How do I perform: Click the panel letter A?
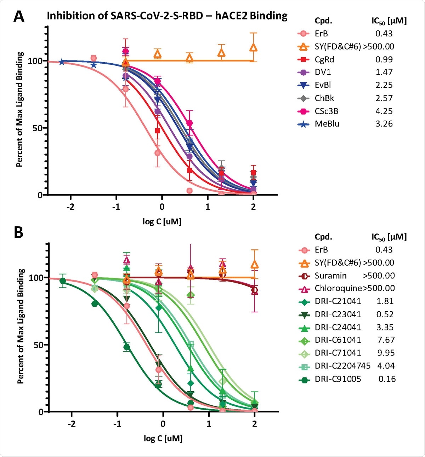(19, 16)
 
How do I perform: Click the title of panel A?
(167, 16)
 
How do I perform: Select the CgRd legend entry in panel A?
(324, 59)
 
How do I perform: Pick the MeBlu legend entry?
(327, 124)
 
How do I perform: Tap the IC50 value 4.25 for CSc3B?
(384, 111)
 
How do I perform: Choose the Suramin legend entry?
(330, 276)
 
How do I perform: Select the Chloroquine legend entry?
(338, 288)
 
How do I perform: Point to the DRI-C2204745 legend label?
(342, 366)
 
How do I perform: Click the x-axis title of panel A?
(162, 222)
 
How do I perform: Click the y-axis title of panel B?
(21, 326)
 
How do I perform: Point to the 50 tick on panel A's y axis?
(37, 128)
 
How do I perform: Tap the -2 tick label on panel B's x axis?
(72, 424)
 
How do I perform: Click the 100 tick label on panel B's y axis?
(35, 278)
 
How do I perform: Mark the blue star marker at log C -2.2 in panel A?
(62, 62)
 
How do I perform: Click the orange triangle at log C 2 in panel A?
(253, 47)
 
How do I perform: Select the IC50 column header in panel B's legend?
(389, 237)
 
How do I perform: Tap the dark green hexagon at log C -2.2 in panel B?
(63, 281)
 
